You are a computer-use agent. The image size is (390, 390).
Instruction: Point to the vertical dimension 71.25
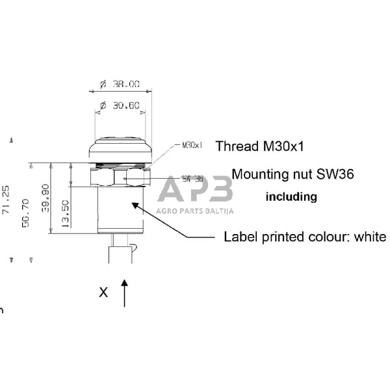pos(6,200)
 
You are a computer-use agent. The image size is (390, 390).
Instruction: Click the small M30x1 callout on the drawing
pos(192,145)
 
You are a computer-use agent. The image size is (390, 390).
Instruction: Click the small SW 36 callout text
pos(192,179)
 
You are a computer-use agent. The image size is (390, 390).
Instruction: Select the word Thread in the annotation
pos(232,146)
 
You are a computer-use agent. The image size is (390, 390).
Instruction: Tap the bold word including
pos(291,196)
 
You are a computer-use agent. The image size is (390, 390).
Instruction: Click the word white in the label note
pos(370,237)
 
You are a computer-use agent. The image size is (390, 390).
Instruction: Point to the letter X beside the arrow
pos(103,292)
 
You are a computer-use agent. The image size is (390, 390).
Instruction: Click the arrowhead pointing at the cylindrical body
pos(135,206)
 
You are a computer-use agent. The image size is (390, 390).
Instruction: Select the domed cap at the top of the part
pos(120,147)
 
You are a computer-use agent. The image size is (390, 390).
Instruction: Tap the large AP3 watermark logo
pos(195,190)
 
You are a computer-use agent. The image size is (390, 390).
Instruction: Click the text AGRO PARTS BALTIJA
pos(195,211)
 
